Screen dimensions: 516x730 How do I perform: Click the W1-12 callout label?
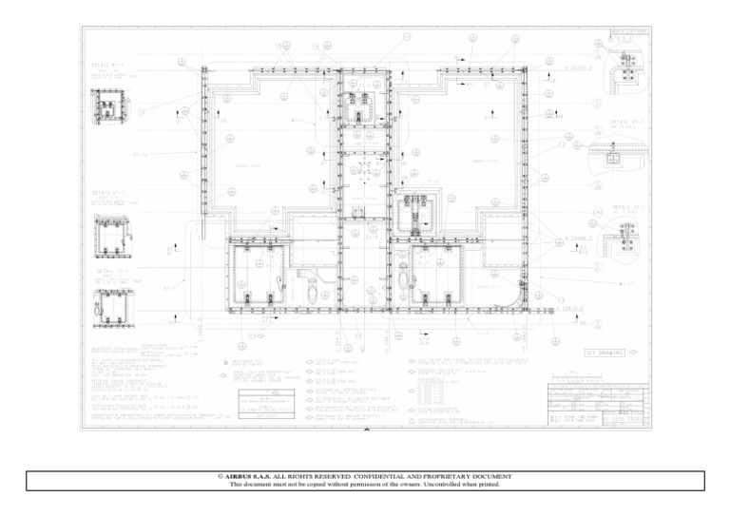coord(140,154)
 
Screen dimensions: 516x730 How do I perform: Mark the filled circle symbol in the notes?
coord(222,364)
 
